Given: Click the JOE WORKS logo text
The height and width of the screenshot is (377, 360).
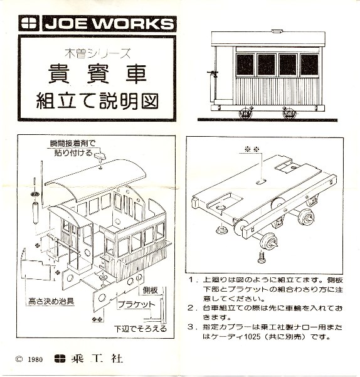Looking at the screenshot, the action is pyautogui.click(x=109, y=24).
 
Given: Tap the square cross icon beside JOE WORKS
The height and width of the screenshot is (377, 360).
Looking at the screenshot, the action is pyautogui.click(x=29, y=23).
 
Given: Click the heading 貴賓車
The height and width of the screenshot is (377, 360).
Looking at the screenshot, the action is pyautogui.click(x=97, y=74).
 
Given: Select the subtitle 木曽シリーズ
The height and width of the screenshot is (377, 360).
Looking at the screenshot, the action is pyautogui.click(x=98, y=53).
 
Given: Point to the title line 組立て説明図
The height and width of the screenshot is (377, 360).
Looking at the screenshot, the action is pyautogui.click(x=97, y=101).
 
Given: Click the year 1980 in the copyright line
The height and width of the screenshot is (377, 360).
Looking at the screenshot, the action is pyautogui.click(x=35, y=359).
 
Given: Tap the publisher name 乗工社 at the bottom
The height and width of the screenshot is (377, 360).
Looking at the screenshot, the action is pyautogui.click(x=97, y=359).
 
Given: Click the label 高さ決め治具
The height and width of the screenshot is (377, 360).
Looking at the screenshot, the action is pyautogui.click(x=51, y=301).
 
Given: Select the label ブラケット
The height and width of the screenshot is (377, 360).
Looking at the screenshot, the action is pyautogui.click(x=137, y=304).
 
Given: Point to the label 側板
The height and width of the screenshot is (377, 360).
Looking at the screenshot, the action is pyautogui.click(x=150, y=290).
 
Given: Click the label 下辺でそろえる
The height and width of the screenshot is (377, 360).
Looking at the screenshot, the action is pyautogui.click(x=140, y=329).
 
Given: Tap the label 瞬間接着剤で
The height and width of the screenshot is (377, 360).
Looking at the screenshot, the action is pyautogui.click(x=73, y=144).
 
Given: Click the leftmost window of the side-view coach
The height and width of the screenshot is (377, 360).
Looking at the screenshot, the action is pyautogui.click(x=245, y=65).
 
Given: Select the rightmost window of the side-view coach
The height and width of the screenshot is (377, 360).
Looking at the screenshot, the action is pyautogui.click(x=310, y=65).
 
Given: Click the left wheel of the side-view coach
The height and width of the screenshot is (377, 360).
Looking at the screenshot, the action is pyautogui.click(x=245, y=114).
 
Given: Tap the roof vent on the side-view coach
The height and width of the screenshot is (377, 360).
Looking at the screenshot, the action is pyautogui.click(x=278, y=31).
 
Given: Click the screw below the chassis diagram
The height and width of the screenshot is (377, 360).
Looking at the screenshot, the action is pyautogui.click(x=262, y=257).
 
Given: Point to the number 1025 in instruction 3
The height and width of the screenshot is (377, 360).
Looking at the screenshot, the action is pyautogui.click(x=252, y=337).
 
